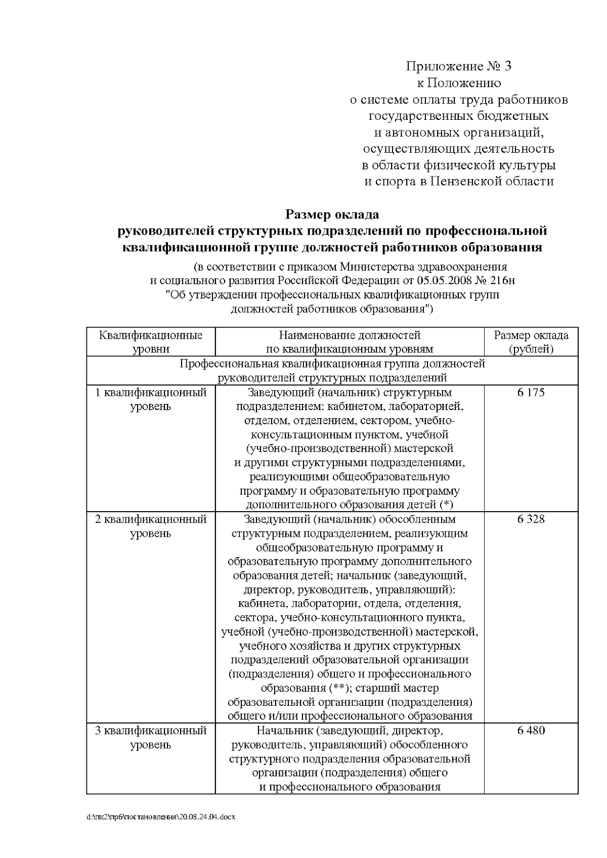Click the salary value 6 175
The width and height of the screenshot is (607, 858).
[531, 393]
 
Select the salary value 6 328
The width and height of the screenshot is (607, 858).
[531, 519]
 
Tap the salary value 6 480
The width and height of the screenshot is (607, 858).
[531, 731]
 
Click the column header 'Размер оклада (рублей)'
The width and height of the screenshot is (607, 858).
[531, 342]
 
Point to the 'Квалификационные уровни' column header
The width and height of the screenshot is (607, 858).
[151, 342]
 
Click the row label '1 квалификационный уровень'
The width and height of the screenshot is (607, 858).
[151, 399]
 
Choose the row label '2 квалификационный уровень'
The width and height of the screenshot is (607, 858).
[151, 526]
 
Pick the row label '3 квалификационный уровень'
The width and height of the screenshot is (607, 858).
[151, 738]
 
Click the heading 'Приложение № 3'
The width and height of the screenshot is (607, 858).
[459, 66]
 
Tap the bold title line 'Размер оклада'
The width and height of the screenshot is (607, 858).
[332, 215]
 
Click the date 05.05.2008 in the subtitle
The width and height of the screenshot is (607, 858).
[444, 281]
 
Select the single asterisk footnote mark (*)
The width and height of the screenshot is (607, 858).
[447, 505]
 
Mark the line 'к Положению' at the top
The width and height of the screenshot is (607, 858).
[459, 83]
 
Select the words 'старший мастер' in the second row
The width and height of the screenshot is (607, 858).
[400, 688]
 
